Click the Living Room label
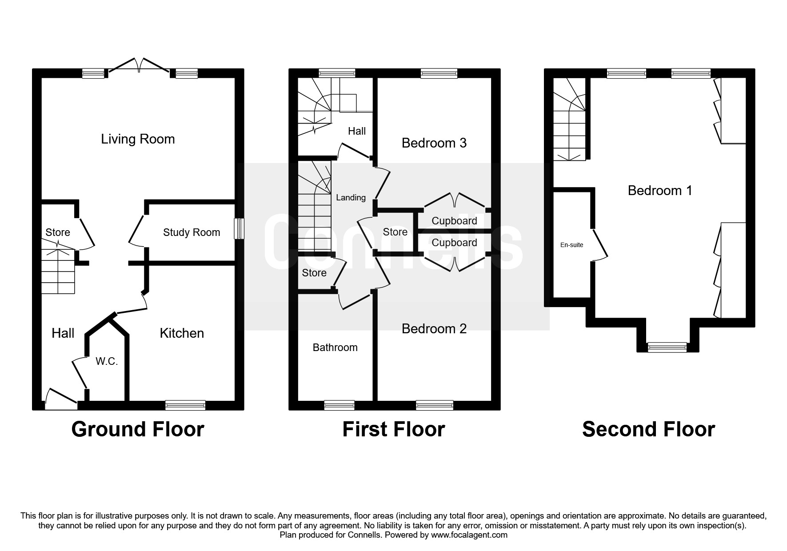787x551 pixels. tap(138, 139)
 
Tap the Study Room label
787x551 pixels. tap(192, 232)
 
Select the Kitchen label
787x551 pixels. tap(182, 333)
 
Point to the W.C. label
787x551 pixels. tap(107, 362)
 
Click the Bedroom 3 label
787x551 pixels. tap(434, 143)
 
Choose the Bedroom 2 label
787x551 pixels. tap(434, 329)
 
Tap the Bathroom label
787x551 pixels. tap(335, 347)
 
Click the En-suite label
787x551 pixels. tap(571, 245)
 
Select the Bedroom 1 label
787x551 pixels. tap(660, 191)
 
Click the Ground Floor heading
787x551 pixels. tap(138, 429)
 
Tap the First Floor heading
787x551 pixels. tap(394, 429)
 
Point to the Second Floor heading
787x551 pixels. tap(649, 429)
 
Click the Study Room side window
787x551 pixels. tap(239, 228)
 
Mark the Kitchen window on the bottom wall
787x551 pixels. tap(185, 405)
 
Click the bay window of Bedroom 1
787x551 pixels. tap(667, 347)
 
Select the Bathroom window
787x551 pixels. tap(340, 405)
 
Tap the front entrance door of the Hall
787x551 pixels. tap(61, 399)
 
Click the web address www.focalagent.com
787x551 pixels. tap(469, 535)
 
